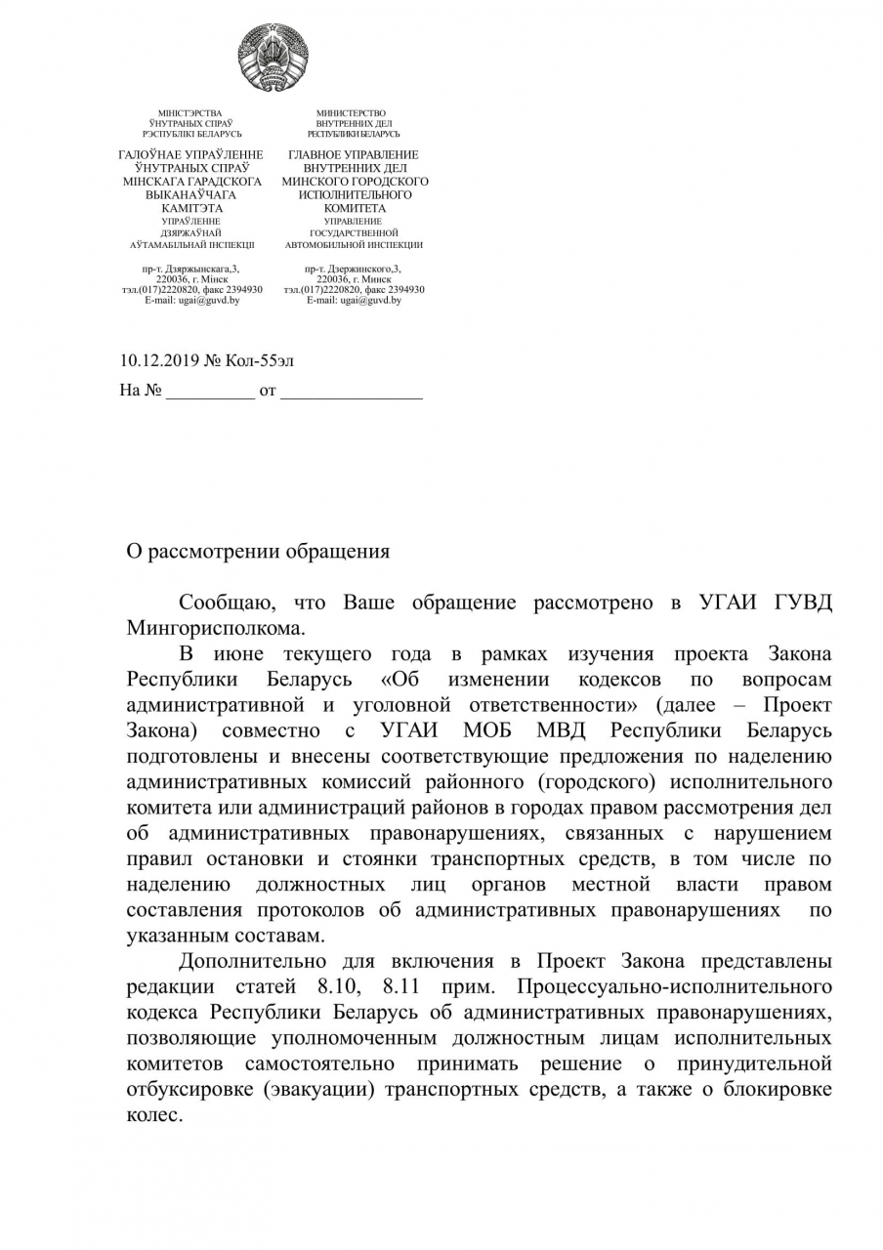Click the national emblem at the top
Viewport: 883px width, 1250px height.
[273, 58]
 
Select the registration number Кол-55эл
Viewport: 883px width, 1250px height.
[259, 361]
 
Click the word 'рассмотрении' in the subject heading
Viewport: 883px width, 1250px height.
[214, 552]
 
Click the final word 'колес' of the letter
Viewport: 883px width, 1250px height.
[152, 1115]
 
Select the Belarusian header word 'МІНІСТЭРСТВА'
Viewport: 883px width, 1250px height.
[190, 114]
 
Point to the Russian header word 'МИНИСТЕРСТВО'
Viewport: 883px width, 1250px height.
[351, 114]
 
